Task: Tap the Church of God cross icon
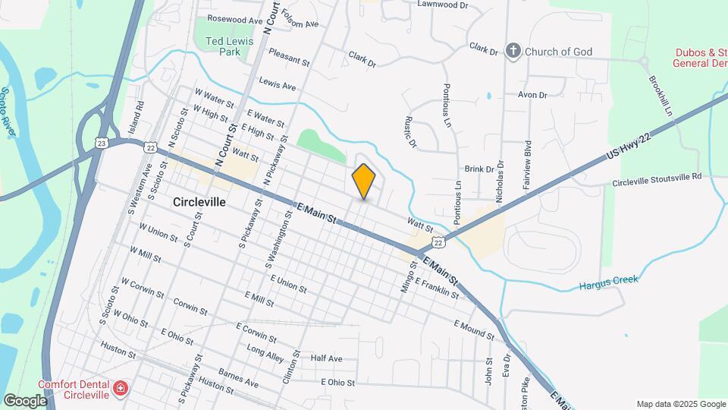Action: click(513, 52)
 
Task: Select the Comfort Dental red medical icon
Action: click(120, 389)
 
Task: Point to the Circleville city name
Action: click(199, 203)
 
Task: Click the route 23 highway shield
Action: click(102, 142)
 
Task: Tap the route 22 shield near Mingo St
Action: click(438, 241)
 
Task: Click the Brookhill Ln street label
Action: click(660, 96)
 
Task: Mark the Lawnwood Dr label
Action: click(445, 4)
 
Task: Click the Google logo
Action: click(25, 400)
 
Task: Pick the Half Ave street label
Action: click(327, 358)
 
